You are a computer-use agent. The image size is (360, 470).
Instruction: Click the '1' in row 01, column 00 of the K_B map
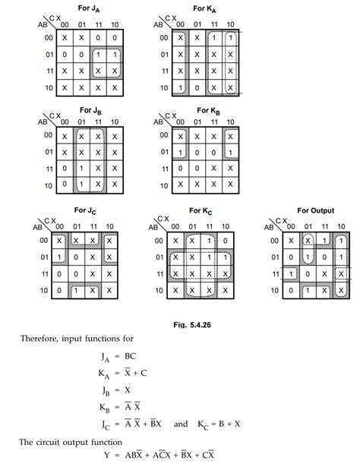179,152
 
